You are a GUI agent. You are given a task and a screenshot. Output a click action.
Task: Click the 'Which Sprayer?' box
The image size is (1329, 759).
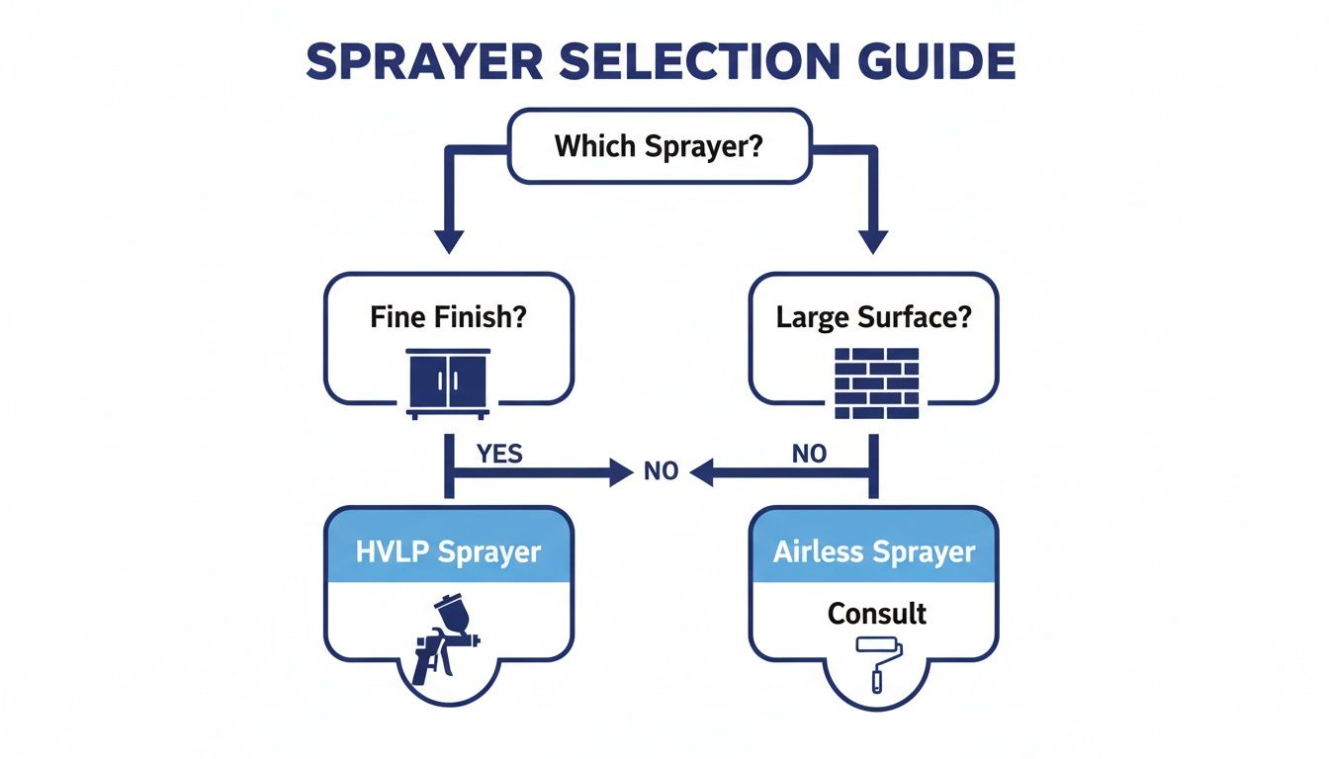click(x=660, y=147)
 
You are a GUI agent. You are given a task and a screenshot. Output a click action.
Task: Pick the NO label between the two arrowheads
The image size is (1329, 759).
click(x=661, y=471)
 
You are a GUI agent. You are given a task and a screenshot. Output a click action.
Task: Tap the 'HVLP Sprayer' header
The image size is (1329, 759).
click(x=448, y=550)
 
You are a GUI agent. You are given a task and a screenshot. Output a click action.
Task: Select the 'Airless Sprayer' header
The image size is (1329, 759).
click(x=873, y=550)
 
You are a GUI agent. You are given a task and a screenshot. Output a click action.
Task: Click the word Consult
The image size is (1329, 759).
click(x=877, y=613)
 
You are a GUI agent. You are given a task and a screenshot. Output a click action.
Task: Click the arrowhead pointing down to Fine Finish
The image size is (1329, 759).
click(x=449, y=240)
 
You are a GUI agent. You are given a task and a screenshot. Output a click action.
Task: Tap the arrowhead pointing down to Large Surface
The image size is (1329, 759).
click(x=873, y=240)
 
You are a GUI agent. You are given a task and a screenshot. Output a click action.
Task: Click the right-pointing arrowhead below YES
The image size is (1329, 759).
click(x=621, y=473)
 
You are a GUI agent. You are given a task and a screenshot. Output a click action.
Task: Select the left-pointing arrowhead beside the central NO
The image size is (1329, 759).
click(x=701, y=473)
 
